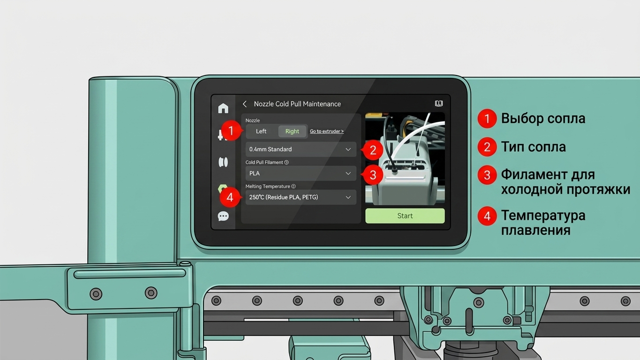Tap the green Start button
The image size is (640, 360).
click(x=405, y=216)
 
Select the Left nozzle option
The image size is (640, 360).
click(x=261, y=131)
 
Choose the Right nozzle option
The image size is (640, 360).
click(x=292, y=131)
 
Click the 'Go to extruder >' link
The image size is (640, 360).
click(x=327, y=131)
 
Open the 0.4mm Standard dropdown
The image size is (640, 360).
click(x=301, y=149)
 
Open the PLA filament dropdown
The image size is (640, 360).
click(x=301, y=173)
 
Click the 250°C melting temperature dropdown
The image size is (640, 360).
click(x=301, y=197)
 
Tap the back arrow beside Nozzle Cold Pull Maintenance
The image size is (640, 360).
click(x=245, y=104)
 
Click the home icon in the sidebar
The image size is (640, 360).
click(x=223, y=108)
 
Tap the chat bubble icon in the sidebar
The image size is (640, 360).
click(x=223, y=216)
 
